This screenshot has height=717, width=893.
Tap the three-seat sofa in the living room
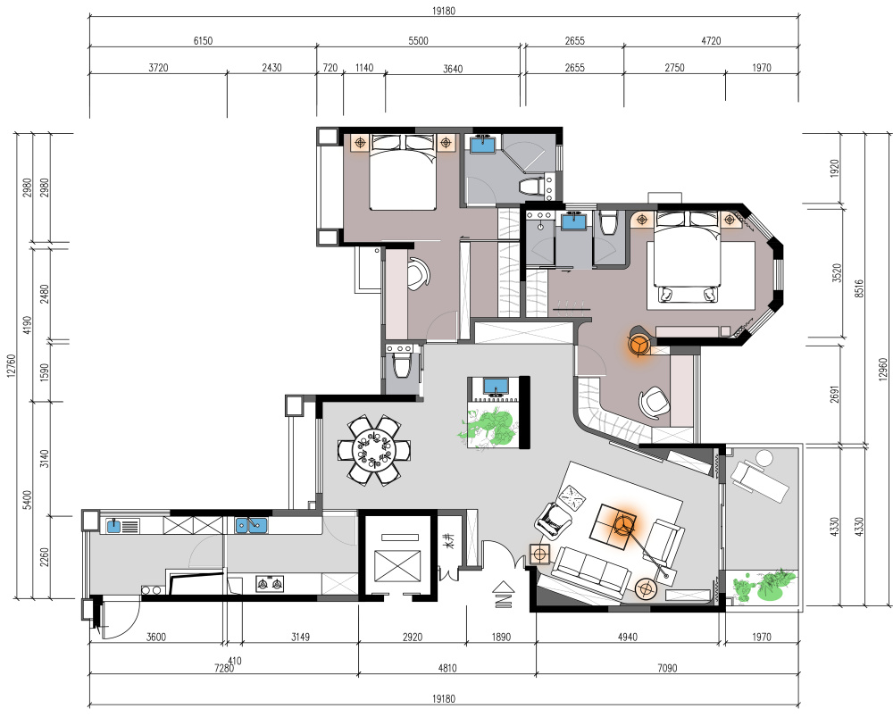[x=588, y=572]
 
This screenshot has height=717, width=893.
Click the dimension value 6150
[x=203, y=40]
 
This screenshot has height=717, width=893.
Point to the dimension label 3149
[x=300, y=637]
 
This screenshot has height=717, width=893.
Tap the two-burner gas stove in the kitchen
[x=270, y=584]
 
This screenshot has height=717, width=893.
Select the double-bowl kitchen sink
[x=251, y=524]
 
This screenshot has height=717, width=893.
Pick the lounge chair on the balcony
[x=760, y=476]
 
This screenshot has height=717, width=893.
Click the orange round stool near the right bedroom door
[x=639, y=342]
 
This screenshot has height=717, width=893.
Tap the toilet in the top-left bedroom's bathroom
[x=532, y=186]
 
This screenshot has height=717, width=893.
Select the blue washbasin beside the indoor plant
[x=496, y=386]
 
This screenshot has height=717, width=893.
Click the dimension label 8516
[x=859, y=288]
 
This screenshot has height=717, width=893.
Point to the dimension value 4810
[x=447, y=668]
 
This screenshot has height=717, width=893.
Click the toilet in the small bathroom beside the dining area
[x=402, y=365]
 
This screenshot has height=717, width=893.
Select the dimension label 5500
[x=418, y=40]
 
